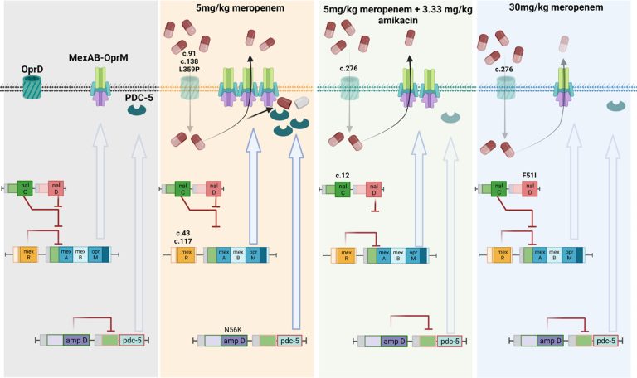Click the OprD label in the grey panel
[x=32, y=70]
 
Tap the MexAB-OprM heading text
[x=99, y=58]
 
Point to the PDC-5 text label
[x=139, y=98]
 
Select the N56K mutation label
[x=233, y=329]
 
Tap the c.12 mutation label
[x=343, y=176]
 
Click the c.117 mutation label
[x=183, y=241]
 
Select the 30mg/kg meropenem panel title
[x=556, y=7]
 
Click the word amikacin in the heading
[x=398, y=20]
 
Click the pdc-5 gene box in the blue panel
[x=605, y=341]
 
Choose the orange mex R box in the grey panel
[x=29, y=254]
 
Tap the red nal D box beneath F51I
[x=530, y=189]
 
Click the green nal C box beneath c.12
[x=343, y=190]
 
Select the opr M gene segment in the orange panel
[x=253, y=254]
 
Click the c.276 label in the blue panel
[x=503, y=69]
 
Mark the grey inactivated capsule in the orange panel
[x=302, y=103]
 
